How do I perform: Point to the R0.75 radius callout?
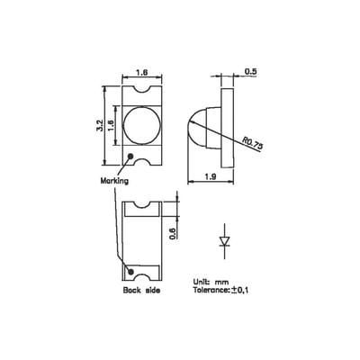(256, 144)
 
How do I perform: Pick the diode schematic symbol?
(225, 241)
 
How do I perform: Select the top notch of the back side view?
(142, 206)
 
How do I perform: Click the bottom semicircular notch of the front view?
(142, 164)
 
